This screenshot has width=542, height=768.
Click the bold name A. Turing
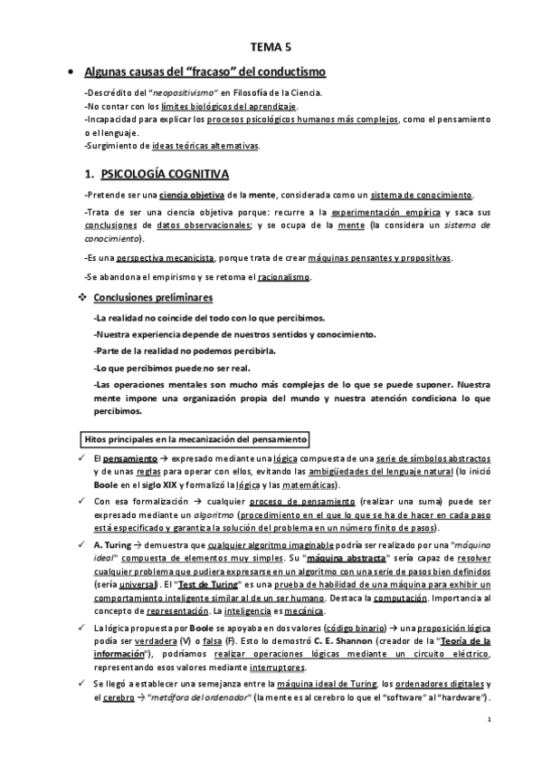(x=112, y=545)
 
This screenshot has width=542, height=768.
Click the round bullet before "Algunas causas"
(x=71, y=72)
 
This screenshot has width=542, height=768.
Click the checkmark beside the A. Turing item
(x=81, y=545)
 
